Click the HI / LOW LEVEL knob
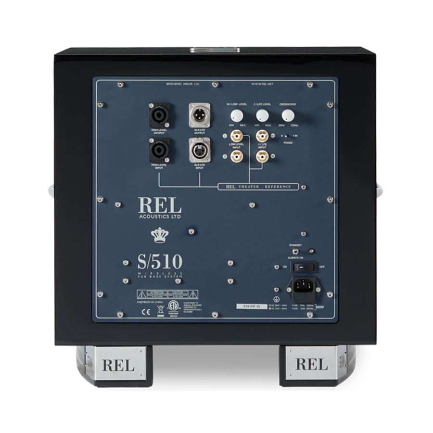[236, 115]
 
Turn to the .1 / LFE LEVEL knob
[262, 115]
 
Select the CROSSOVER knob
[288, 115]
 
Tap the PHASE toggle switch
[288, 137]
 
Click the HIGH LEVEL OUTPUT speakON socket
[159, 115]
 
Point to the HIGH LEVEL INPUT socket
[159, 151]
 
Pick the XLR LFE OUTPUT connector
[199, 115]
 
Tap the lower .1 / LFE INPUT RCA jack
[262, 156]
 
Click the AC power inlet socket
[303, 287]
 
